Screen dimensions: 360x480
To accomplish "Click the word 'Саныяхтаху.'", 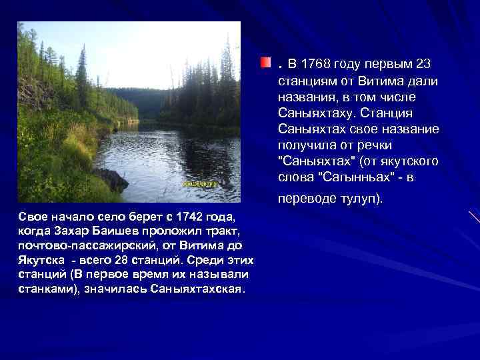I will pos(317,113).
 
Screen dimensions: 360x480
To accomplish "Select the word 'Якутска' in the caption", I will pos(42,259).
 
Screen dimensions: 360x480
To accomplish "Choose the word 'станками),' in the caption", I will pos(49,289).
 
